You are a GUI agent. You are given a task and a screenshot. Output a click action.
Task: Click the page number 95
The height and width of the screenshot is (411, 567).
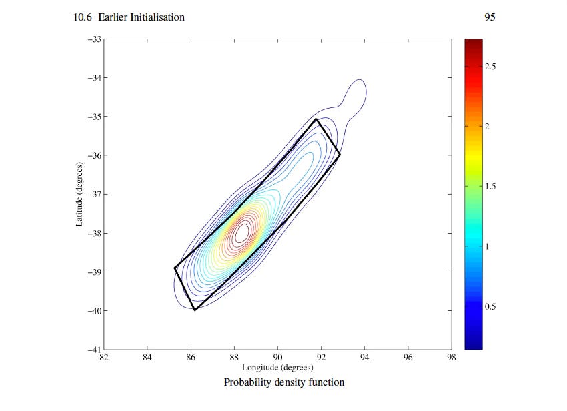[490, 17]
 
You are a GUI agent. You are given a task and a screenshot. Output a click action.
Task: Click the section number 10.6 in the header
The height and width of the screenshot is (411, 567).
[83, 17]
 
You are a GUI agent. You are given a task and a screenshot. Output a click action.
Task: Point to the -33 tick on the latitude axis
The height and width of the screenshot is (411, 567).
[94, 39]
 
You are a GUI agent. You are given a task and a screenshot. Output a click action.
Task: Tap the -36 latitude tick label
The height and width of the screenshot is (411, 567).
[94, 155]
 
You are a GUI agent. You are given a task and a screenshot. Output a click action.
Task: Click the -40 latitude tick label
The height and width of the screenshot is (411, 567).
[94, 311]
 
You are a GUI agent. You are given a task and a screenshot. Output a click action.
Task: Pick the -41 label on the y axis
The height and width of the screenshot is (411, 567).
[94, 350]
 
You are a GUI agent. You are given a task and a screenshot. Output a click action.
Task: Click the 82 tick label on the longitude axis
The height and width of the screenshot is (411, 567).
[104, 358]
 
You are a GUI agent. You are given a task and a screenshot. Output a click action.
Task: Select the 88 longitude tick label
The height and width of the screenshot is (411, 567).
[234, 358]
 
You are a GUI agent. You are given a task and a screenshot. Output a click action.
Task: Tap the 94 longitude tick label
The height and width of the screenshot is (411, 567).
[364, 358]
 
